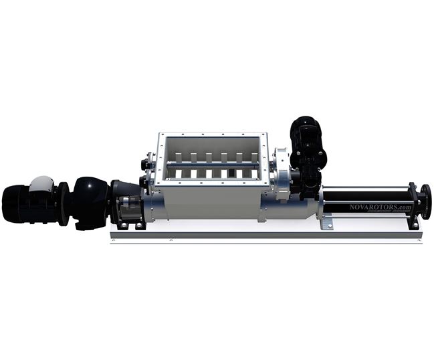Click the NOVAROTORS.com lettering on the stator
(x=380, y=207)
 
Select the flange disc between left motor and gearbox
(x=63, y=203)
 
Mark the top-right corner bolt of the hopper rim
(x=266, y=135)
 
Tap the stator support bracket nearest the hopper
(x=326, y=221)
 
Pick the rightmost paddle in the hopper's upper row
(x=254, y=159)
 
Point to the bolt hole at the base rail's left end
(x=114, y=240)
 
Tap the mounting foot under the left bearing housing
(x=131, y=226)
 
